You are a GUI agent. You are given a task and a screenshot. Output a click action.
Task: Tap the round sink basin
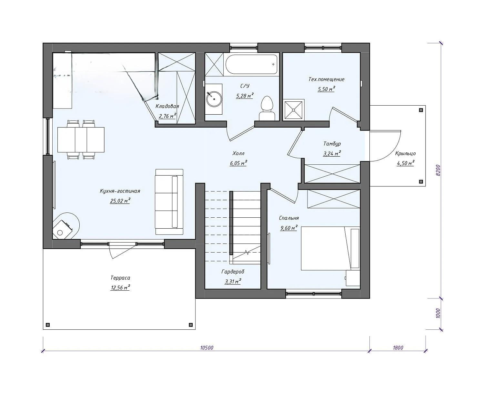click(x=214, y=99)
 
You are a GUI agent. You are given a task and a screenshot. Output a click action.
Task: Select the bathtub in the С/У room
click(x=251, y=64)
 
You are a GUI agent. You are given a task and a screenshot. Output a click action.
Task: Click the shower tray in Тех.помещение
click(x=294, y=110)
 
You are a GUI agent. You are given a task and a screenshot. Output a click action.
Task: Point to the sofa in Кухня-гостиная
click(x=169, y=202)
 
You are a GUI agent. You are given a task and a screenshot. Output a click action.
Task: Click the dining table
click(x=81, y=140)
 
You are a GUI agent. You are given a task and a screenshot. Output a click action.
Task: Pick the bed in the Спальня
click(x=330, y=248)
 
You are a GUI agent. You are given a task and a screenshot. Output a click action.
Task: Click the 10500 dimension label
click(x=207, y=348)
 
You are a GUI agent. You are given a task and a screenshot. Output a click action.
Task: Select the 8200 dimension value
click(x=438, y=170)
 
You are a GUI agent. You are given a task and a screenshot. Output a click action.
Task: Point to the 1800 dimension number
click(x=398, y=348)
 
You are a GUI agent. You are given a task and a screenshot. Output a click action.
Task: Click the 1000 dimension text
click(x=438, y=314)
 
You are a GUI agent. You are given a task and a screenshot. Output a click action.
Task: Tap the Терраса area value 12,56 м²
click(x=120, y=288)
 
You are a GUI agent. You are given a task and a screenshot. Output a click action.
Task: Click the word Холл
click(x=238, y=153)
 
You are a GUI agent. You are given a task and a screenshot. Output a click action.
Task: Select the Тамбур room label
click(x=332, y=144)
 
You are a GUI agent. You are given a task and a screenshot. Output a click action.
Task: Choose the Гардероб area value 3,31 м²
click(x=233, y=282)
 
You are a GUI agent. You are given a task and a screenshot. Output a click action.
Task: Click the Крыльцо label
click(x=405, y=153)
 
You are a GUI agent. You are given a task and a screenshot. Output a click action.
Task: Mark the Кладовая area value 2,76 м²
click(x=167, y=116)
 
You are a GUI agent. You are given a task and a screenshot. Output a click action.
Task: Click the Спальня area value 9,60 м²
click(x=289, y=228)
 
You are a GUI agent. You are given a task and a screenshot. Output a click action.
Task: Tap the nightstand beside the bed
click(x=353, y=278)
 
